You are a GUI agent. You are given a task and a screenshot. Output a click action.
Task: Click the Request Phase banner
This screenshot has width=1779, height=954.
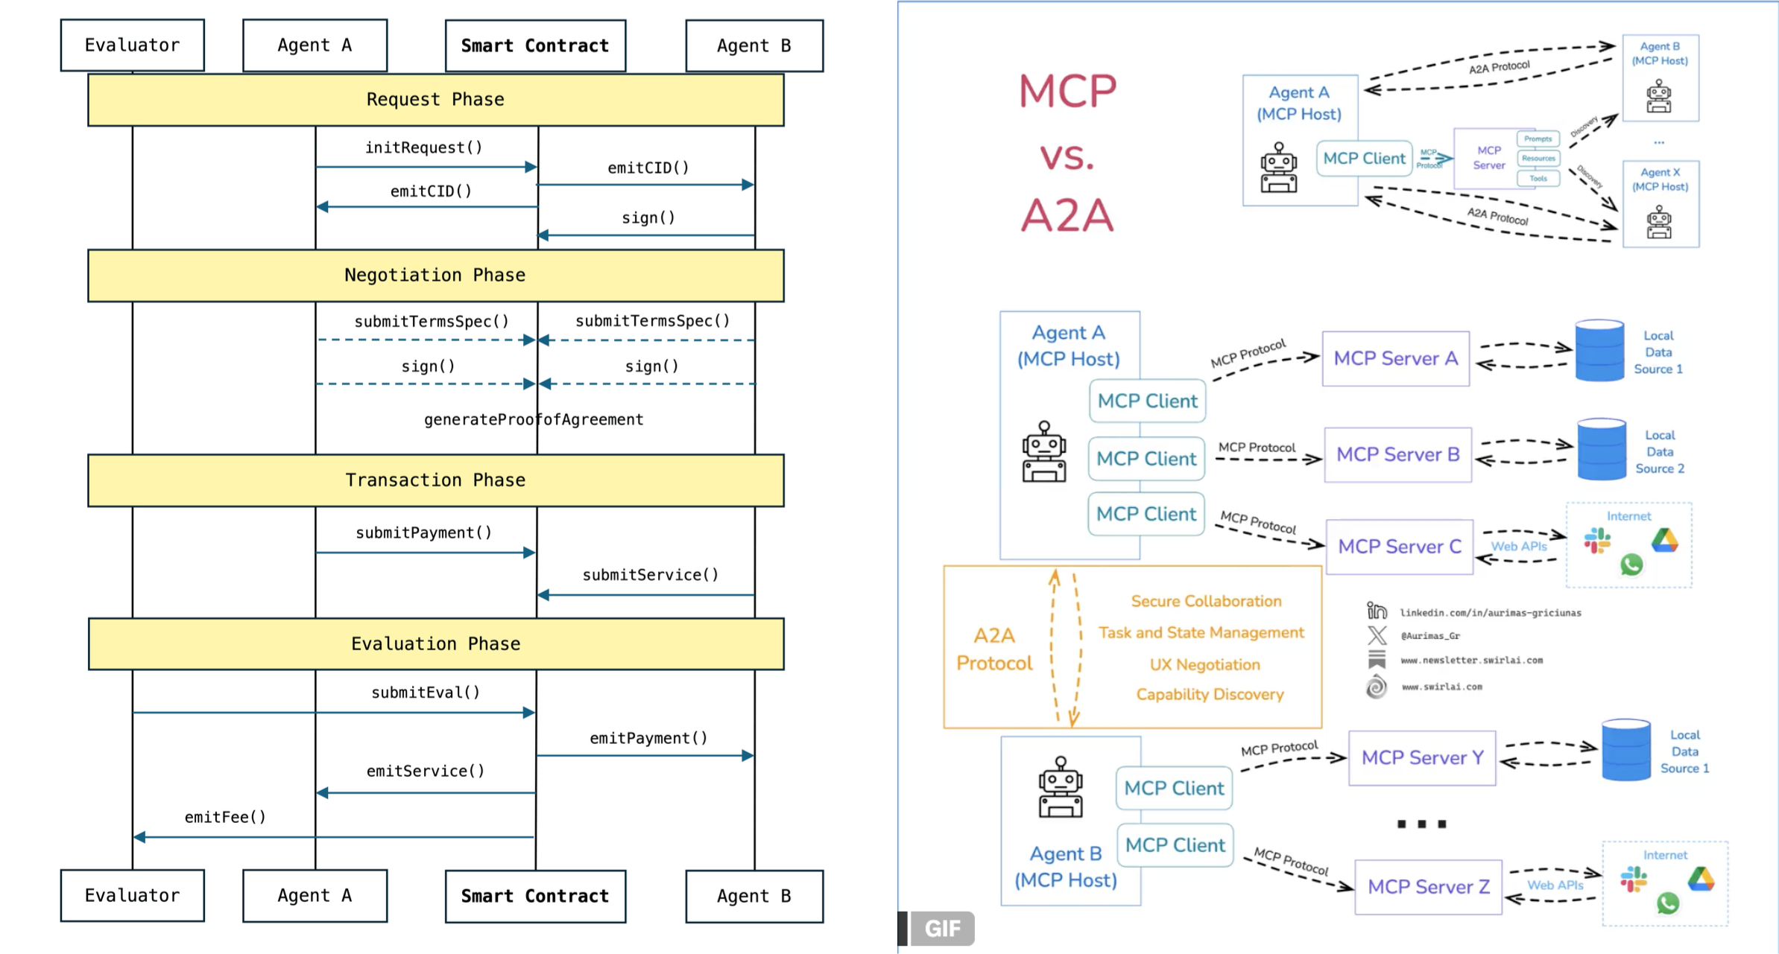(435, 100)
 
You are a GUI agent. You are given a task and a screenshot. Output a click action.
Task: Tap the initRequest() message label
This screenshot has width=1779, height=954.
(423, 147)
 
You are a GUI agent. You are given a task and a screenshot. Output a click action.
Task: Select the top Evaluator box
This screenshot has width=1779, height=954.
(133, 45)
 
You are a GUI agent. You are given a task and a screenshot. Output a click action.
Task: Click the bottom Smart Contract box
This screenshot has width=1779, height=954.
(535, 896)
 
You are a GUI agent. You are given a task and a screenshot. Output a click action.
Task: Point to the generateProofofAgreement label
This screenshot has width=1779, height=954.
(534, 420)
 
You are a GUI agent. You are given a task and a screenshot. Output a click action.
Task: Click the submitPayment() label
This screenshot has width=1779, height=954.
(423, 532)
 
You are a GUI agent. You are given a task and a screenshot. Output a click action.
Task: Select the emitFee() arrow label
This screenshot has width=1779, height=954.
(225, 817)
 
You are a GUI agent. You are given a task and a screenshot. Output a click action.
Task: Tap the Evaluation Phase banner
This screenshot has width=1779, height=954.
(435, 644)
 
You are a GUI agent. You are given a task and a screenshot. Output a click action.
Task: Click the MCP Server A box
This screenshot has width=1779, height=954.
(1395, 358)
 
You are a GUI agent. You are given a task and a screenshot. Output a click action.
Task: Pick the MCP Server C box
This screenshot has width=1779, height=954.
(1399, 547)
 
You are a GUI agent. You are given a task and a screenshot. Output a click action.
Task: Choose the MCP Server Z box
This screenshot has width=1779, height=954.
(1428, 887)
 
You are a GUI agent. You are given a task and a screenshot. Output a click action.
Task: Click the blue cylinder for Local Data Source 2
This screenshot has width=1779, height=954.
(1602, 450)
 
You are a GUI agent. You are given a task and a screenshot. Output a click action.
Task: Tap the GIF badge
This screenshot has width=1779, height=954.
(942, 929)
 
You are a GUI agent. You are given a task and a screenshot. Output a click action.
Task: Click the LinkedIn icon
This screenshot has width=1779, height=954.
(1377, 611)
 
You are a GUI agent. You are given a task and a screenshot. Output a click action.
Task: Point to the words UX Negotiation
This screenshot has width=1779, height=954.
(1204, 664)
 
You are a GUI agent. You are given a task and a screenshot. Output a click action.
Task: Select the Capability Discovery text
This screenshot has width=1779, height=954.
(1210, 694)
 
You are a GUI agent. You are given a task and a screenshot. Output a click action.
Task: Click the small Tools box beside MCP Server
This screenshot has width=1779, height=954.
(1538, 179)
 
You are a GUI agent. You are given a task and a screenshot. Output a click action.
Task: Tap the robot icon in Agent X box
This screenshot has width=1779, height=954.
(1659, 223)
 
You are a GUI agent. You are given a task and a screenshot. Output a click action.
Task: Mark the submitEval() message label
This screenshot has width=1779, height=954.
(426, 693)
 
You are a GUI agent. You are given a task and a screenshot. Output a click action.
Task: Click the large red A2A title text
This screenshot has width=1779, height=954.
(1067, 216)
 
